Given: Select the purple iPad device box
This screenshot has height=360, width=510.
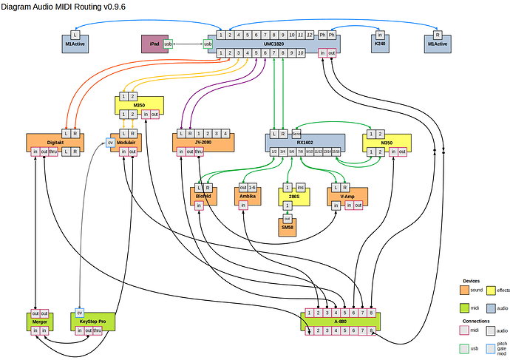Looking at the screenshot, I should pos(154,44).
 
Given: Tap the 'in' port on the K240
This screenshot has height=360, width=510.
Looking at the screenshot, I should pos(380,35).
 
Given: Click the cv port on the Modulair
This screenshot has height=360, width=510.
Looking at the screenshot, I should pos(111,142).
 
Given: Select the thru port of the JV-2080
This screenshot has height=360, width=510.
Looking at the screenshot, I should pos(199,152).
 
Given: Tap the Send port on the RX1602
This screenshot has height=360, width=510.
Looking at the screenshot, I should pos(296,134).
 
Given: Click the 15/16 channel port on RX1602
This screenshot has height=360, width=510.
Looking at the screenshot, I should pos(336,152).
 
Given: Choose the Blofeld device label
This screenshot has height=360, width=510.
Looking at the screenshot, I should pos(203,197).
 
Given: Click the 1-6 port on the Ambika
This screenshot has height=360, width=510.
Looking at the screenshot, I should pos(253,188).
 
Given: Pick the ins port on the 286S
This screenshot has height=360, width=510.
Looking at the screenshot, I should pos(301,188).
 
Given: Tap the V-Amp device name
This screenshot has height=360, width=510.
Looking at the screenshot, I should pos(347,197).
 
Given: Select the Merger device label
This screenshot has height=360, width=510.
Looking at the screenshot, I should pos(40,322).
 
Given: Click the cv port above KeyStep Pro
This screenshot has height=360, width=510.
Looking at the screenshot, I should pos(80,313).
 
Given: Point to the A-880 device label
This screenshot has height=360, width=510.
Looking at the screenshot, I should pos(340,322).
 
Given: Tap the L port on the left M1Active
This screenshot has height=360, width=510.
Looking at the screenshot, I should pos(75,35).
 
